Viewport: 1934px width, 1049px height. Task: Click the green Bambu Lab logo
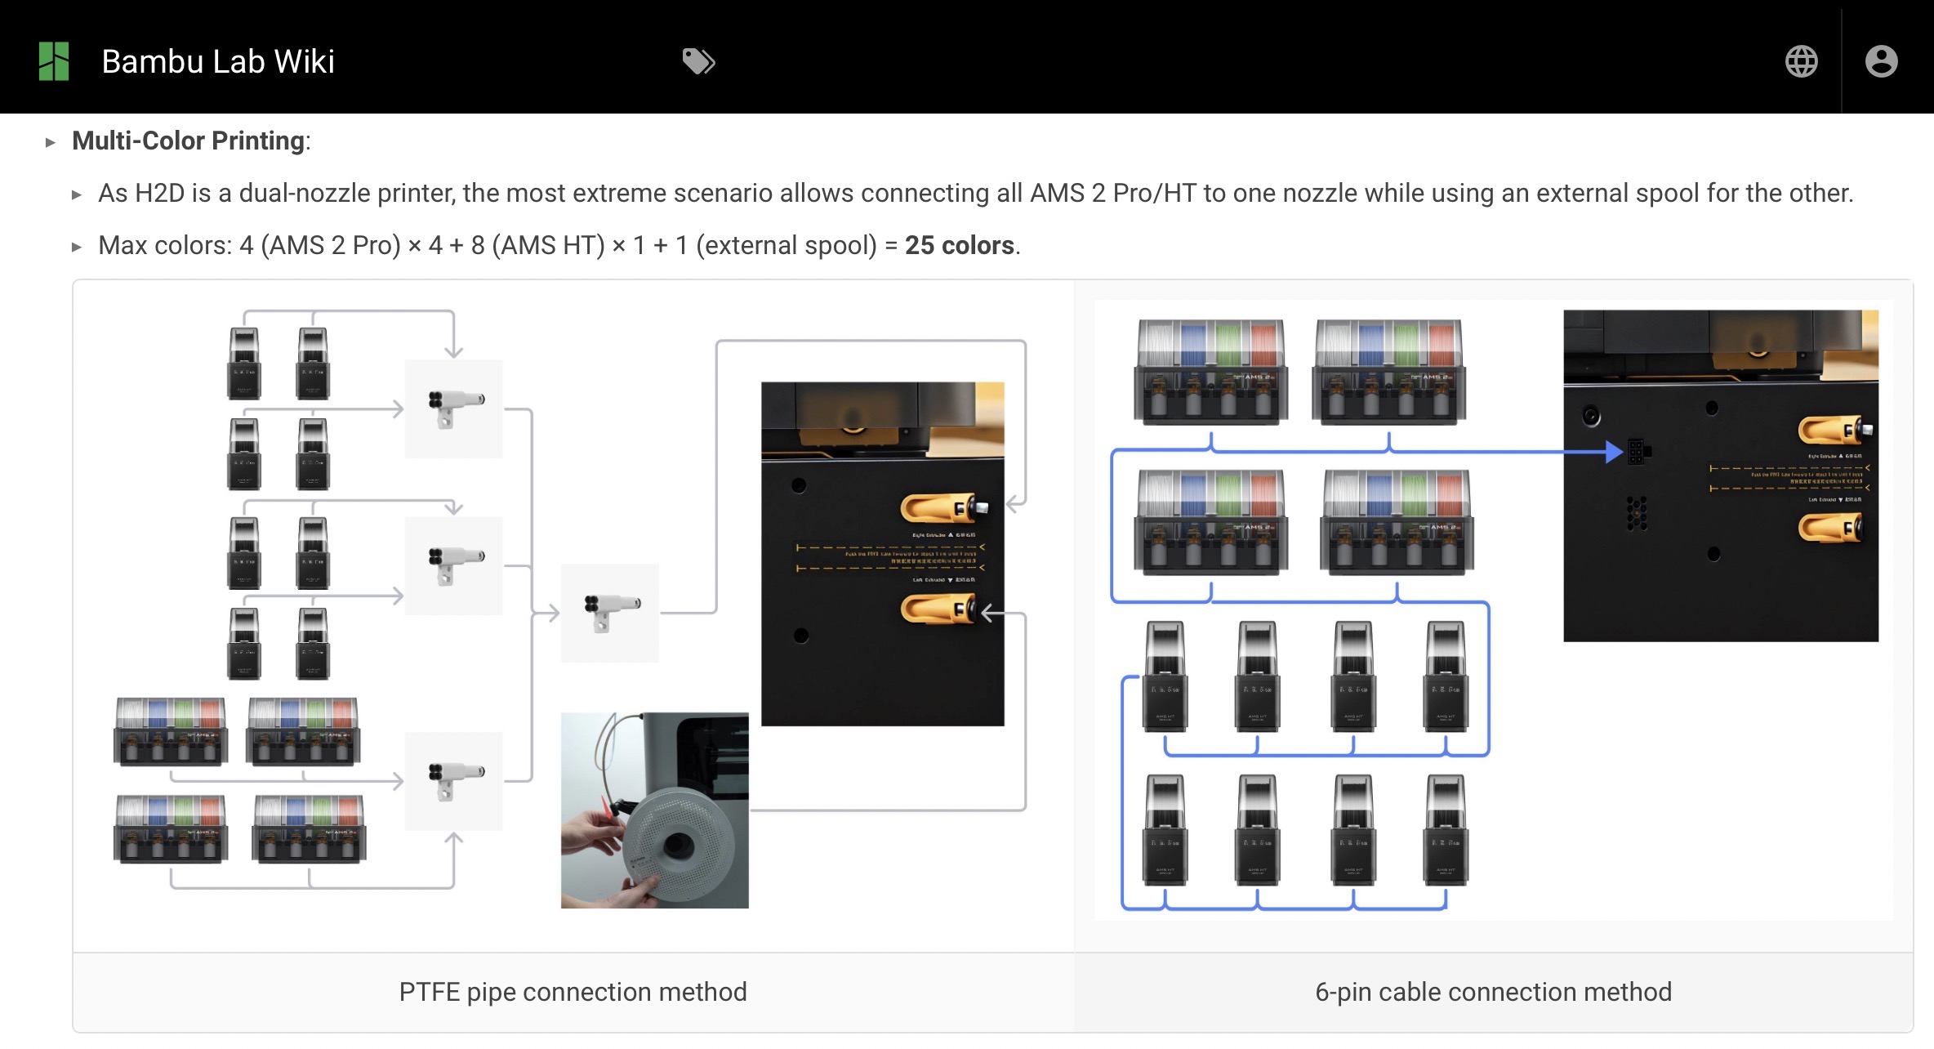tap(54, 61)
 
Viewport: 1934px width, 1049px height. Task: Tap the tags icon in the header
tap(698, 61)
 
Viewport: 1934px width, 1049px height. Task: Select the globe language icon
tap(1801, 61)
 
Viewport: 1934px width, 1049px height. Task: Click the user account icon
tap(1881, 61)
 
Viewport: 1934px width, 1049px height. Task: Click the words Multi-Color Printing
tap(189, 141)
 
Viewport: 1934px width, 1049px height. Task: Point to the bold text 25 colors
tap(960, 245)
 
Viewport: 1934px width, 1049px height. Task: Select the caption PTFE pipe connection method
tap(573, 991)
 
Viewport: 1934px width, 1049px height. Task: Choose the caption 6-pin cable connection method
tap(1493, 991)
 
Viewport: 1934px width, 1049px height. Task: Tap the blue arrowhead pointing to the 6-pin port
tap(1613, 452)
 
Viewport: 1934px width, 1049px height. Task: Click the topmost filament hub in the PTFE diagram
tap(454, 408)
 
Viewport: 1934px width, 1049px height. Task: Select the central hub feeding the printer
tap(610, 612)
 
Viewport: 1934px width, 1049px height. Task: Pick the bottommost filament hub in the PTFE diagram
tap(454, 780)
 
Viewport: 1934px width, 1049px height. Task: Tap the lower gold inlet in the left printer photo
tap(939, 609)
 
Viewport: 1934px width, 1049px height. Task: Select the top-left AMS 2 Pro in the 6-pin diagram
tap(1211, 372)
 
